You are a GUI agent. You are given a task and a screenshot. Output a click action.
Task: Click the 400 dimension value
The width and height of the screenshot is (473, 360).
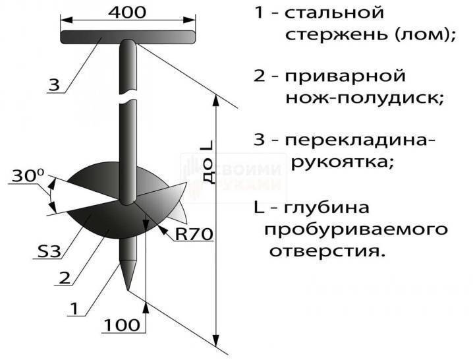pos(127,13)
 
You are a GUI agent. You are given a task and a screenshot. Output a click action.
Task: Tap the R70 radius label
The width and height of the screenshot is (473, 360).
pos(194,234)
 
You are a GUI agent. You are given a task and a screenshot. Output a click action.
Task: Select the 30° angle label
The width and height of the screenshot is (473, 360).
pos(28,176)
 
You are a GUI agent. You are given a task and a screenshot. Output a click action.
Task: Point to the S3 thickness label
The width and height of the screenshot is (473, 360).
pos(49,252)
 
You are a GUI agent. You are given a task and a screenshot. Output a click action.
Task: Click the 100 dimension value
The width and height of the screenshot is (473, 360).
pos(122,325)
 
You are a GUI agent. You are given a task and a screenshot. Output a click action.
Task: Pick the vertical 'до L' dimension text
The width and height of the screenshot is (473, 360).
pos(208,162)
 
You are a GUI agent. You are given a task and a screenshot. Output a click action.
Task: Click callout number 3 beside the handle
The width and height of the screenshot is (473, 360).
pos(54,86)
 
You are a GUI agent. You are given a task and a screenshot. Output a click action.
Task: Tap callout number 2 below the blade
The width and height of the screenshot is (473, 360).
pos(65,278)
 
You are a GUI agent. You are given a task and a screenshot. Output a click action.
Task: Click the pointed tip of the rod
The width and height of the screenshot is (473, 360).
pos(128,289)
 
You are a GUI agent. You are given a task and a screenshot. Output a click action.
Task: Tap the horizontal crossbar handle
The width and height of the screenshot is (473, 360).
pos(128,37)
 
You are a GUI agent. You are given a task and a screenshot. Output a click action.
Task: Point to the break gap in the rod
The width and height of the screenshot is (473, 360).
pos(128,96)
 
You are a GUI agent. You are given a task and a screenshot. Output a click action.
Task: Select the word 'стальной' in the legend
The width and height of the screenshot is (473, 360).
pos(334,13)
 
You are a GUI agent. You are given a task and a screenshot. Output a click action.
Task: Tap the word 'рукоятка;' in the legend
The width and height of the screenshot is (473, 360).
pos(343,163)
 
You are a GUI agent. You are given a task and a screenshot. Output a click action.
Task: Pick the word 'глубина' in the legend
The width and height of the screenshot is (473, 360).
pos(326,208)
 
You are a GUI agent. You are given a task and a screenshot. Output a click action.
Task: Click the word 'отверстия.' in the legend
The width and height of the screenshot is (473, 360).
pos(327,251)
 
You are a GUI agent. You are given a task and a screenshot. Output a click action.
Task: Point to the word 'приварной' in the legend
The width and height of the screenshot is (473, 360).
pos(345,76)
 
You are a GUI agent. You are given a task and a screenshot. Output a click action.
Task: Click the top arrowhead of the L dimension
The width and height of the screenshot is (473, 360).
pos(215,101)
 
